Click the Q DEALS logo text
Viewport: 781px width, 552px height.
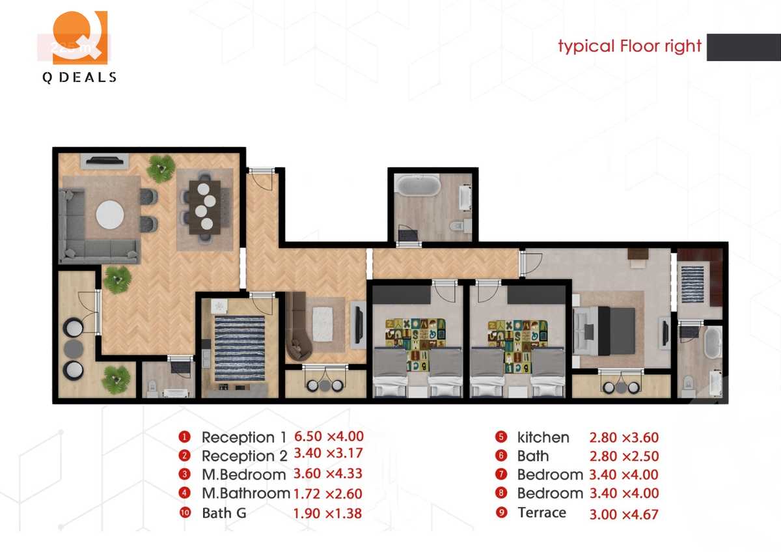[79, 77]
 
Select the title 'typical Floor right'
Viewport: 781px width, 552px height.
[629, 46]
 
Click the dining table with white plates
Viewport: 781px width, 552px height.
[204, 205]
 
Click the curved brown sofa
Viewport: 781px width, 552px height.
[297, 329]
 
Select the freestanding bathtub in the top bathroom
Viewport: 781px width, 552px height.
[418, 186]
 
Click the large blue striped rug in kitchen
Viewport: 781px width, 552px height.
[240, 348]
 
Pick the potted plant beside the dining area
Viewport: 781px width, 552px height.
[161, 168]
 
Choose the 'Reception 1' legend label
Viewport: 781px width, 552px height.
[238, 437]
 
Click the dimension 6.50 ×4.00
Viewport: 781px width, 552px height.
[329, 437]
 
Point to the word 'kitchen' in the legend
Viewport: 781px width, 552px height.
[543, 437]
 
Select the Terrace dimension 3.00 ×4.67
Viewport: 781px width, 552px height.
[623, 514]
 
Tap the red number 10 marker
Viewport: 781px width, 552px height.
[185, 513]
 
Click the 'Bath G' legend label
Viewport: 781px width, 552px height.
[224, 513]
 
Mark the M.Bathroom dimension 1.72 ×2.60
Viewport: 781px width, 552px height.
[328, 494]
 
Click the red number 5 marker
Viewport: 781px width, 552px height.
[500, 437]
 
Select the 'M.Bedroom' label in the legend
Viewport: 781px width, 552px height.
[243, 475]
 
